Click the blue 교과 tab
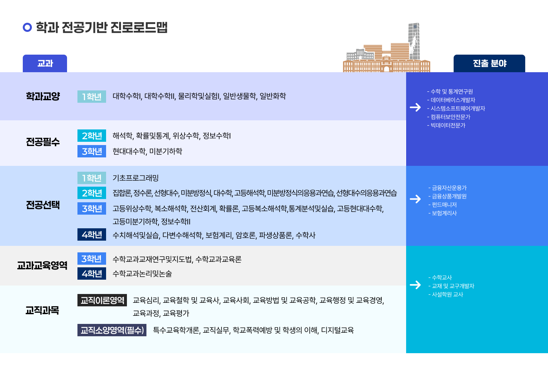pos(45,63)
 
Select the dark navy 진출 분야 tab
pos(489,63)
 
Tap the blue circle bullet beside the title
pos(27,27)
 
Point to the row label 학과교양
pos(43,96)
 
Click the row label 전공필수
pos(43,142)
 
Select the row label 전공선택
pos(43,205)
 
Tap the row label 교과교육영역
pos(42,265)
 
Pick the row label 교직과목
pos(42,311)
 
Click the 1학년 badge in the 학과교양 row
pos(92,97)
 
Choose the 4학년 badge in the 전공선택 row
pos(92,234)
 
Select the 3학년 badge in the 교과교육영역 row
pos(92,259)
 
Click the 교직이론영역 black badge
pos(102,300)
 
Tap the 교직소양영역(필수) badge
pos(112,330)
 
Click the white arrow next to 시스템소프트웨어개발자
pos(415,107)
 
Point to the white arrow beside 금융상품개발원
pos(415,199)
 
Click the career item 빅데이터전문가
pos(448,126)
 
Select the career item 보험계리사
pos(444,213)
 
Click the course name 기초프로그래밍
pos(136,178)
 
